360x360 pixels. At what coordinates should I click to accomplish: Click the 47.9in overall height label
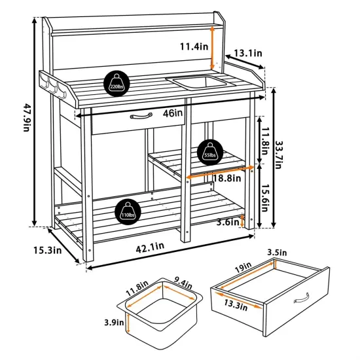27,117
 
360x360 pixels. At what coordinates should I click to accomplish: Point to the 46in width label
173,113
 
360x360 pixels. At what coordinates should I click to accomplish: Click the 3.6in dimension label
228,221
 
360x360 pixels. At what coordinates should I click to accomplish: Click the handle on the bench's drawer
141,117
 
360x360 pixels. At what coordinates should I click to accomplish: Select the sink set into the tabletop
196,82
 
